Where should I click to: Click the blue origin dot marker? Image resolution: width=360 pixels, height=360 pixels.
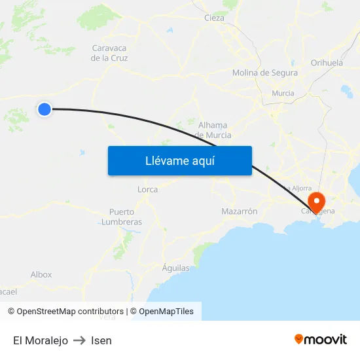[45, 109]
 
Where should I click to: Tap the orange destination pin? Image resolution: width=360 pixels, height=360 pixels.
[317, 202]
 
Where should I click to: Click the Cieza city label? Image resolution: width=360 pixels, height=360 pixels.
[214, 18]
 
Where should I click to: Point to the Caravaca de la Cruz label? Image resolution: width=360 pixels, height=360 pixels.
[109, 53]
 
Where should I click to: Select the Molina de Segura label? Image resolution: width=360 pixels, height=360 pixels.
[264, 73]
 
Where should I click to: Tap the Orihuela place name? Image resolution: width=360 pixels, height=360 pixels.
[327, 63]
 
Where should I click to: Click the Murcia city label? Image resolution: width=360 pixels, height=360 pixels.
[283, 93]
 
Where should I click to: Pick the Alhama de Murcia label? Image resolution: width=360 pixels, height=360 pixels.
[213, 130]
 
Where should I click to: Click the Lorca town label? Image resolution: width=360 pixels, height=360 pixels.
[147, 189]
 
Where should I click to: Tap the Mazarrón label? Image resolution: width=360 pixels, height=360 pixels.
[239, 211]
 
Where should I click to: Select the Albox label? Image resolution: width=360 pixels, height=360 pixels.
[41, 274]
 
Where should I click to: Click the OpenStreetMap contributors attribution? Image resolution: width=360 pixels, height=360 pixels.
[70, 312]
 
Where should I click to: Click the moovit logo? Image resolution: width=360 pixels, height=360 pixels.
[321, 339]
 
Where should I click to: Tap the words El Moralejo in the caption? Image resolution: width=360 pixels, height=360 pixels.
[41, 340]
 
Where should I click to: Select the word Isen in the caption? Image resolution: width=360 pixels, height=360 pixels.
[101, 340]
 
